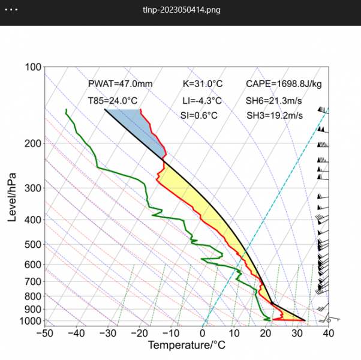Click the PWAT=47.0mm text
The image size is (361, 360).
pyautogui.click(x=120, y=84)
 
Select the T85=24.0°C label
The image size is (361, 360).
pyautogui.click(x=113, y=100)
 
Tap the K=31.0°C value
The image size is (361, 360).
pyautogui.click(x=202, y=84)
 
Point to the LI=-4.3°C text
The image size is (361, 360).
pyautogui.click(x=202, y=100)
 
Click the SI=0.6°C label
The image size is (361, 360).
pyautogui.click(x=198, y=115)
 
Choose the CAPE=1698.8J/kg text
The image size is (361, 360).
pyautogui.click(x=284, y=84)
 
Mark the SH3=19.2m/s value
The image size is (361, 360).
pyautogui.click(x=275, y=115)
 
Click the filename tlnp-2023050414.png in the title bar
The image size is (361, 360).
pyautogui.click(x=180, y=11)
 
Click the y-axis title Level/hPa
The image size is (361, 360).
pyautogui.click(x=12, y=196)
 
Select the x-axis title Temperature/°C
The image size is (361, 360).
pyautogui.click(x=186, y=346)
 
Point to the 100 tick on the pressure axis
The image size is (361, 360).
pyautogui.click(x=33, y=67)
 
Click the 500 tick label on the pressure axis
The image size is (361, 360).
pyautogui.click(x=33, y=244)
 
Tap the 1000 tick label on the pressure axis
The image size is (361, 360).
pyautogui.click(x=31, y=321)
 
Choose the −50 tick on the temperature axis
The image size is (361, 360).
pyautogui.click(x=44, y=334)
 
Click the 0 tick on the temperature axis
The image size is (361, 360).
pyautogui.click(x=203, y=334)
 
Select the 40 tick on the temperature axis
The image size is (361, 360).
pyautogui.click(x=328, y=334)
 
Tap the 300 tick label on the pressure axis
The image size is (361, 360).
pyautogui.click(x=33, y=188)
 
